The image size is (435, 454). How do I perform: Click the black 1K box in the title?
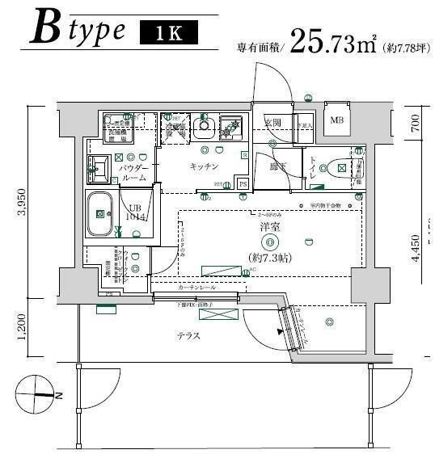pos(167,33)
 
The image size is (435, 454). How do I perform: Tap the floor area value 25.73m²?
pos(332,42)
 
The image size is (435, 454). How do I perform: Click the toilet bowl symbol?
pos(334,169)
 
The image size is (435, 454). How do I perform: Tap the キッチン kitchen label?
pos(205,166)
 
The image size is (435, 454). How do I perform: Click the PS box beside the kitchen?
pos(243,184)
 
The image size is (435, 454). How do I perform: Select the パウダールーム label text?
pos(133,172)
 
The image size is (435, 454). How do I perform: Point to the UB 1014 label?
pos(136,212)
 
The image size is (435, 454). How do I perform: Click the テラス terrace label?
pos(188,335)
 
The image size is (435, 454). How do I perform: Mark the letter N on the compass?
pos(61,396)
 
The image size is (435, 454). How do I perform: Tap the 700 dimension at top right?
pos(416,123)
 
